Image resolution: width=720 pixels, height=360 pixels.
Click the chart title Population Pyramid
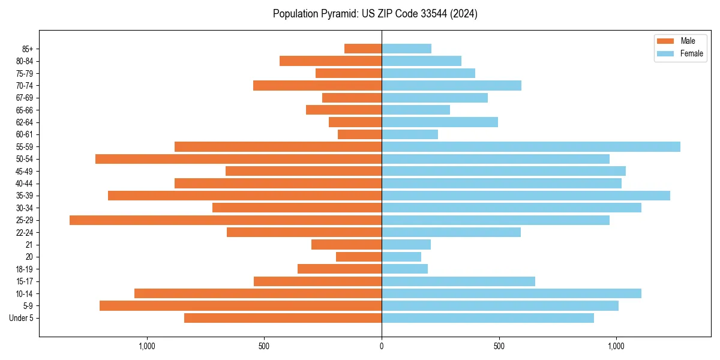tap(375, 14)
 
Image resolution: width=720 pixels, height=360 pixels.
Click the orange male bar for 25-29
tap(226, 220)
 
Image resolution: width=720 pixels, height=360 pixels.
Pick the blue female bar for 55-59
tap(531, 146)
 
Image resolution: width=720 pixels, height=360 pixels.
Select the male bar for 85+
tap(363, 49)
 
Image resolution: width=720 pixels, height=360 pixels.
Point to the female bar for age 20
tap(401, 257)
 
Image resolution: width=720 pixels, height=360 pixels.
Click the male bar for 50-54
tap(238, 159)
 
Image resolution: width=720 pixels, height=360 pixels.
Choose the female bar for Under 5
tap(488, 318)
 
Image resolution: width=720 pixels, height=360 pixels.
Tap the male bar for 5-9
tap(241, 305)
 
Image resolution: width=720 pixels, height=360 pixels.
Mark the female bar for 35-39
tap(526, 196)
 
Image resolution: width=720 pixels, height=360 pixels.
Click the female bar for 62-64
tap(440, 122)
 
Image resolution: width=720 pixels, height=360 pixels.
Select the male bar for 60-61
tap(360, 134)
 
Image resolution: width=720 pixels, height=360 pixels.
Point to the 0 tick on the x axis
tap(382, 346)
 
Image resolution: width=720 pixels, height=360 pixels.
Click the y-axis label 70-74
tap(25, 86)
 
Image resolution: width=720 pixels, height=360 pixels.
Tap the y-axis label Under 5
tap(22, 318)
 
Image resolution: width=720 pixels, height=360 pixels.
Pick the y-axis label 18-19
tap(25, 269)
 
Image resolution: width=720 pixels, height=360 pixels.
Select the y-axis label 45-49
tap(25, 171)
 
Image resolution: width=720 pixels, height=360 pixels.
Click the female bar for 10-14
tap(511, 293)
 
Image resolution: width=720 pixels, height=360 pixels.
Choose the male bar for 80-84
tap(331, 61)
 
